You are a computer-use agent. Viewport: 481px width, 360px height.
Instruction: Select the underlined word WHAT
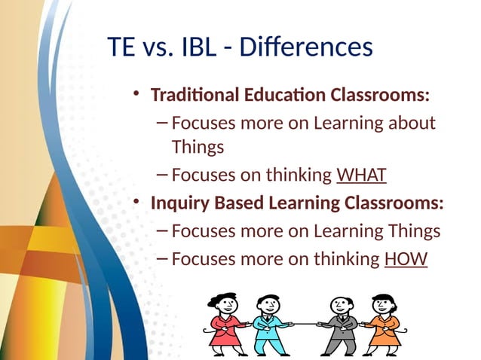pyautogui.click(x=361, y=176)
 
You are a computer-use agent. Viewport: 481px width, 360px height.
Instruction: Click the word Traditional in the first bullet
pyautogui.click(x=188, y=96)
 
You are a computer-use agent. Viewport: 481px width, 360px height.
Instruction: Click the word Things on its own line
pyautogui.click(x=198, y=147)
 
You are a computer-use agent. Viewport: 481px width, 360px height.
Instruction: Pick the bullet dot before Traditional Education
pyautogui.click(x=136, y=95)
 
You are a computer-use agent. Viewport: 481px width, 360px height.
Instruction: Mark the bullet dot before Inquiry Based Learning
pyautogui.click(x=136, y=203)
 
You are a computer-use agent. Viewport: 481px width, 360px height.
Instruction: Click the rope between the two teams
pyautogui.click(x=302, y=323)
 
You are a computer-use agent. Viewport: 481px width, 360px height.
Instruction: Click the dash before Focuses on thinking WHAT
pyautogui.click(x=163, y=175)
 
